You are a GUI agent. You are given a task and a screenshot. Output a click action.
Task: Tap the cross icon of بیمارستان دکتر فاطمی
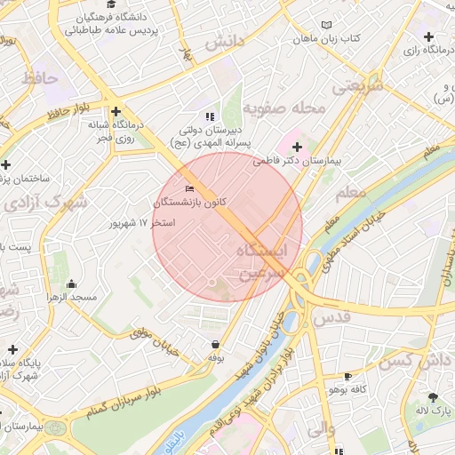[x=297, y=147]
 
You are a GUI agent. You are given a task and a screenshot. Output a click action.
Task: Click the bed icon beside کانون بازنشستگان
[x=188, y=188]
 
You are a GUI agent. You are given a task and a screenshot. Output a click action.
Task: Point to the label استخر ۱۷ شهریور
[x=140, y=223]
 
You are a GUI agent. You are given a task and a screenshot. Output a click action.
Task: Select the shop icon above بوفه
[x=214, y=344]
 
